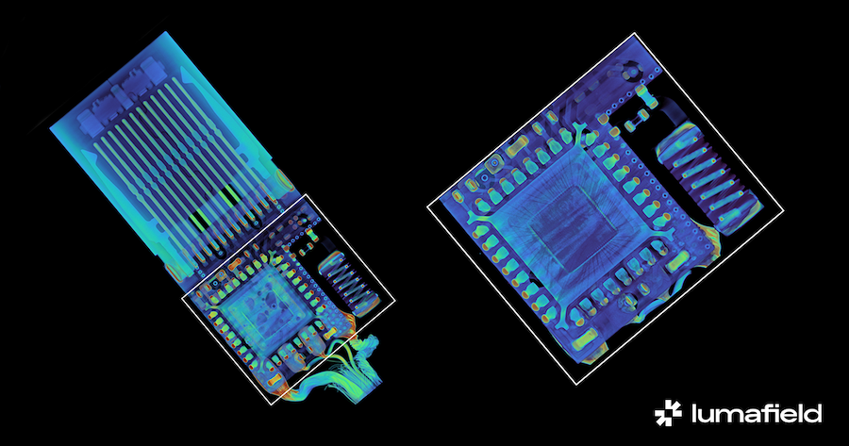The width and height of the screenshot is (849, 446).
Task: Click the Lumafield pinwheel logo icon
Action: coord(668,413)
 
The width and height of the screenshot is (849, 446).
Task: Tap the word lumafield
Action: coord(757,413)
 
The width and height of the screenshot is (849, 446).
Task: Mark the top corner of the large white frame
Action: coord(634,33)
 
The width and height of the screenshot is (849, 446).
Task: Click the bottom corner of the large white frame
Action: coord(576,385)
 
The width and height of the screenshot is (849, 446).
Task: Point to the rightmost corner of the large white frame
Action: coord(784,210)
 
